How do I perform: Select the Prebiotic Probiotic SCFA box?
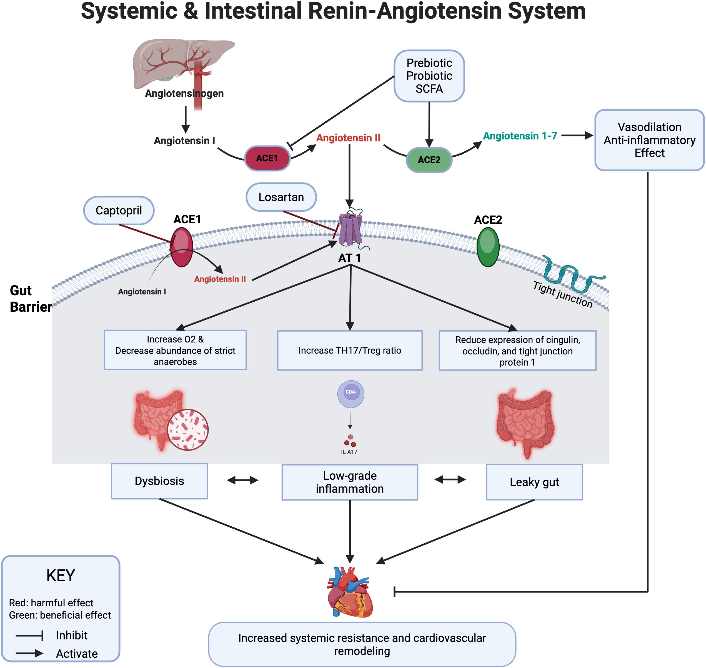[429, 76]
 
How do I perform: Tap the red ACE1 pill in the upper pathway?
[267, 158]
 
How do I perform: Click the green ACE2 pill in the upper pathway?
[429, 160]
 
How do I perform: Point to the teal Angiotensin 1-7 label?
[520, 136]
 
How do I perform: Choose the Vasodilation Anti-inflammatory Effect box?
[649, 140]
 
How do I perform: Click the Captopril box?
[119, 211]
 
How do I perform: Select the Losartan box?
[281, 197]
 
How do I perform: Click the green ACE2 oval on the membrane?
[488, 247]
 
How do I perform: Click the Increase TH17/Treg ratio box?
[350, 350]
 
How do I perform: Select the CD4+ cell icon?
[351, 394]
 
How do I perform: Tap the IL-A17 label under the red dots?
[349, 452]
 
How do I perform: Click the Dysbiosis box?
[159, 481]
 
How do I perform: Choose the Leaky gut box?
[534, 482]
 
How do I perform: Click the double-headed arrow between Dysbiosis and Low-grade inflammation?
[242, 480]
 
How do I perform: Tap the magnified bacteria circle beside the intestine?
[188, 430]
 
